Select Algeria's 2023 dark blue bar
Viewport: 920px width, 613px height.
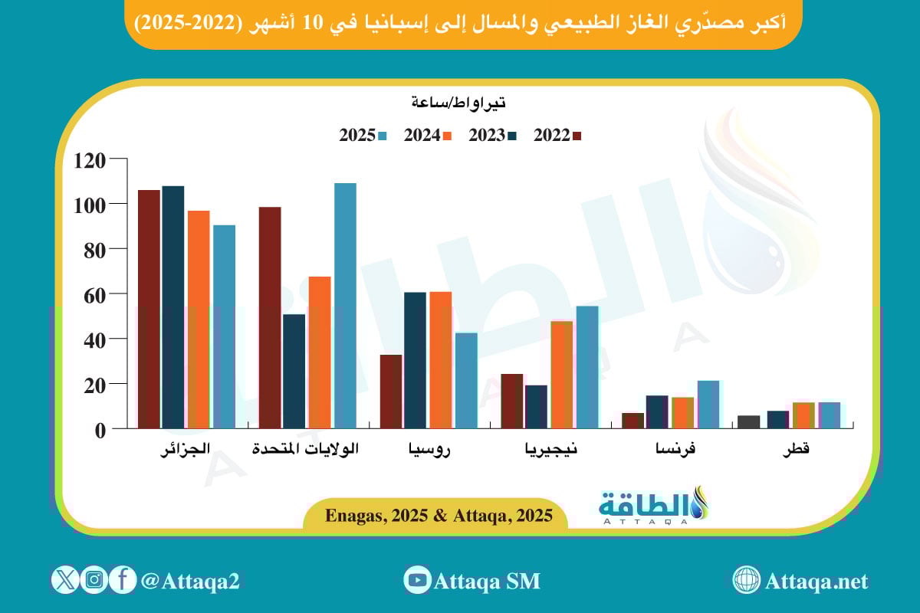pyautogui.click(x=173, y=306)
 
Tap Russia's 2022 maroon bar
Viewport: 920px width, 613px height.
pyautogui.click(x=391, y=391)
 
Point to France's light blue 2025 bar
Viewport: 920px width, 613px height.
pyautogui.click(x=708, y=404)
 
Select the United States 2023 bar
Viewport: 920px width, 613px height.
pyautogui.click(x=294, y=371)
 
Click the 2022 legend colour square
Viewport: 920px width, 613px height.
pyautogui.click(x=577, y=136)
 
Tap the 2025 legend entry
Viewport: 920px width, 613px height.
pyautogui.click(x=357, y=136)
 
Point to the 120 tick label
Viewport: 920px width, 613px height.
pyautogui.click(x=90, y=159)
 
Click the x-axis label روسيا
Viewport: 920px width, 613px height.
pyautogui.click(x=429, y=451)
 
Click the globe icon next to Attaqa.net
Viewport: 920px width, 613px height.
pyautogui.click(x=746, y=580)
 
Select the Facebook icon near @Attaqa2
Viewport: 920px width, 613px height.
pyautogui.click(x=122, y=579)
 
